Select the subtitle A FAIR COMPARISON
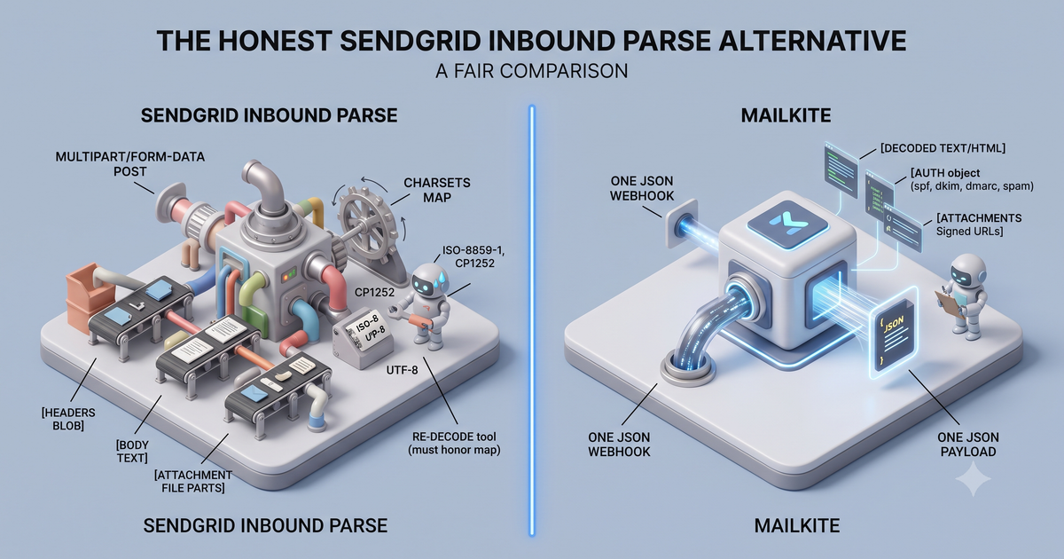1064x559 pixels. (x=531, y=71)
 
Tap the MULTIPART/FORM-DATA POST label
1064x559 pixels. (x=130, y=164)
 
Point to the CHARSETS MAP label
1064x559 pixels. (x=437, y=190)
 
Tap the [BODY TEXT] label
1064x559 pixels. (x=132, y=451)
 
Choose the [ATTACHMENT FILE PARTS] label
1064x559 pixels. (x=193, y=481)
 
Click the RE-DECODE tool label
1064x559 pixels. (x=455, y=443)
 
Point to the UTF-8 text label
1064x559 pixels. (x=402, y=369)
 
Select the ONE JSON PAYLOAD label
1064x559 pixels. (x=968, y=444)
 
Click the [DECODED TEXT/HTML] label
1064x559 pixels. (x=943, y=148)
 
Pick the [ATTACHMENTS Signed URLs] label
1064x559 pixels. (x=979, y=224)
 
